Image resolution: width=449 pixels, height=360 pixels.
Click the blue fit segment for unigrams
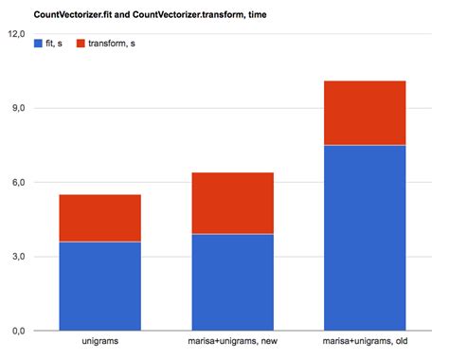(x=100, y=286)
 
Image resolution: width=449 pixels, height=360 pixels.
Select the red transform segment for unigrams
(x=100, y=218)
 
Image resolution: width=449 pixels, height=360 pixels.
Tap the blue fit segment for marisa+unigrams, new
(x=233, y=282)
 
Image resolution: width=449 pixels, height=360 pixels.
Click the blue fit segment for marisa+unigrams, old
(x=366, y=238)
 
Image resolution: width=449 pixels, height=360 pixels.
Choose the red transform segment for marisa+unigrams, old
(x=366, y=113)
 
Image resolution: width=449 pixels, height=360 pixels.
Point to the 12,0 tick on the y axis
(x=16, y=34)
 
